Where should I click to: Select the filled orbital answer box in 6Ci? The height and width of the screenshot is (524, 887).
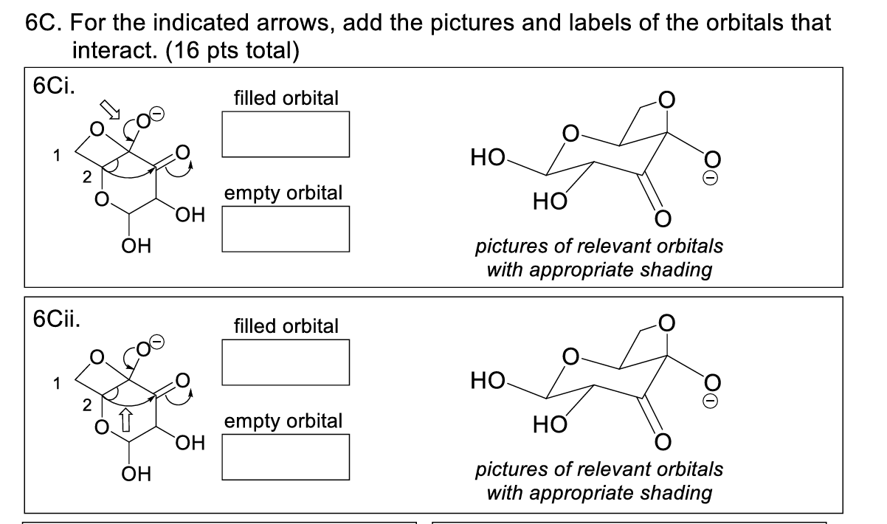point(285,134)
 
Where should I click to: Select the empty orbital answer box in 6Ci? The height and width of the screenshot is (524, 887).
point(285,230)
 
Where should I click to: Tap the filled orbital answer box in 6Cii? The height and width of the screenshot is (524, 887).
point(285,362)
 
